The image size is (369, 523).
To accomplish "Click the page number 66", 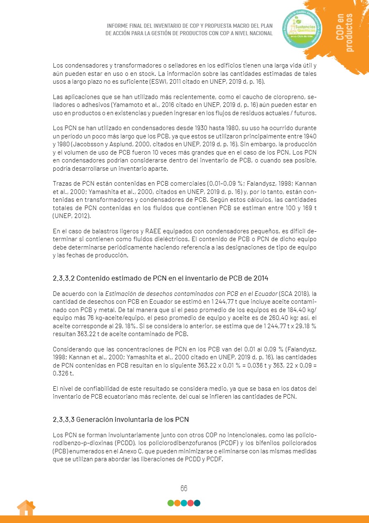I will click(x=184, y=488).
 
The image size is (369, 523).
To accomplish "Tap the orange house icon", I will click(x=26, y=508).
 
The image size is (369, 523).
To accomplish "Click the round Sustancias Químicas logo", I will click(x=302, y=29).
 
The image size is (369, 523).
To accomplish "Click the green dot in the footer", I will click(x=170, y=503).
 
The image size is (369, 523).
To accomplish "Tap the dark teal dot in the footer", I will click(x=197, y=503).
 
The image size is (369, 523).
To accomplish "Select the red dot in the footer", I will click(x=190, y=503).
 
